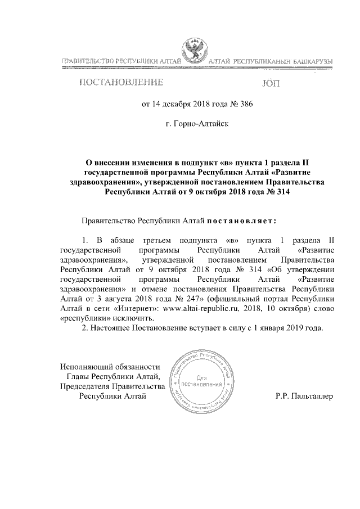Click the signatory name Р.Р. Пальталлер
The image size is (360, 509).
click(304, 396)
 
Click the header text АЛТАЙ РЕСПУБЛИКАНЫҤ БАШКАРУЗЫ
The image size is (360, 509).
click(270, 60)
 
